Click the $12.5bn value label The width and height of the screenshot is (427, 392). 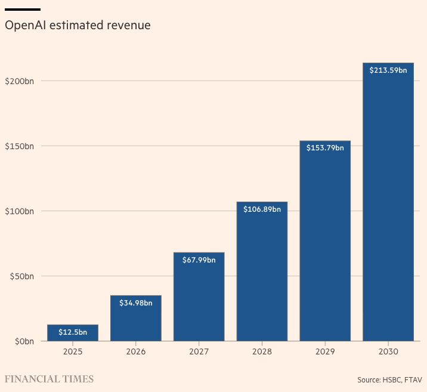(x=73, y=332)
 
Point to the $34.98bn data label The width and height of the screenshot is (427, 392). (x=135, y=303)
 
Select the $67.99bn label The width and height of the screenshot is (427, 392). (x=199, y=260)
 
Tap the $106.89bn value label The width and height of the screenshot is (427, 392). (x=262, y=209)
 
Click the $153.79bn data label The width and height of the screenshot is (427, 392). (x=325, y=148)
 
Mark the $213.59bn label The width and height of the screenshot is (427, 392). (x=388, y=70)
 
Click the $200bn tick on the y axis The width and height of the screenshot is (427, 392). (x=19, y=81)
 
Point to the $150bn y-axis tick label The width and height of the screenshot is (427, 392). (x=19, y=146)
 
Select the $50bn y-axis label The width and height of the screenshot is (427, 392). (x=21, y=276)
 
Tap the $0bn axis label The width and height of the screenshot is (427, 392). (x=24, y=341)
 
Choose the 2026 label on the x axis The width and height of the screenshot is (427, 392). (x=135, y=352)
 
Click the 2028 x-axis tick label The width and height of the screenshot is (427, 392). (x=262, y=352)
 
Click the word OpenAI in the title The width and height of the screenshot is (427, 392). (x=24, y=26)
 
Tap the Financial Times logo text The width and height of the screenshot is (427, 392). (x=49, y=379)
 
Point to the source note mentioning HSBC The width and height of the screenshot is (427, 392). (x=389, y=379)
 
